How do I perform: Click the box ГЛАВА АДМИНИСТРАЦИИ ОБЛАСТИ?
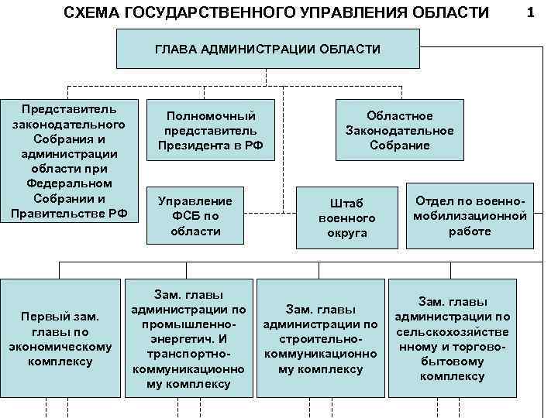[267, 49]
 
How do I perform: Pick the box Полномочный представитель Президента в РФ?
[211, 130]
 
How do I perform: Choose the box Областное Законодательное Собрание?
[399, 130]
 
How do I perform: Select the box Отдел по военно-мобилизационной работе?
[470, 216]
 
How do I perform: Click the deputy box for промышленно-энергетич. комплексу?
[189, 339]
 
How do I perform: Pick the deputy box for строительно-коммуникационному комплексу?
[320, 339]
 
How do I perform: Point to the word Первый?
[46, 317]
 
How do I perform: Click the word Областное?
[400, 115]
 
